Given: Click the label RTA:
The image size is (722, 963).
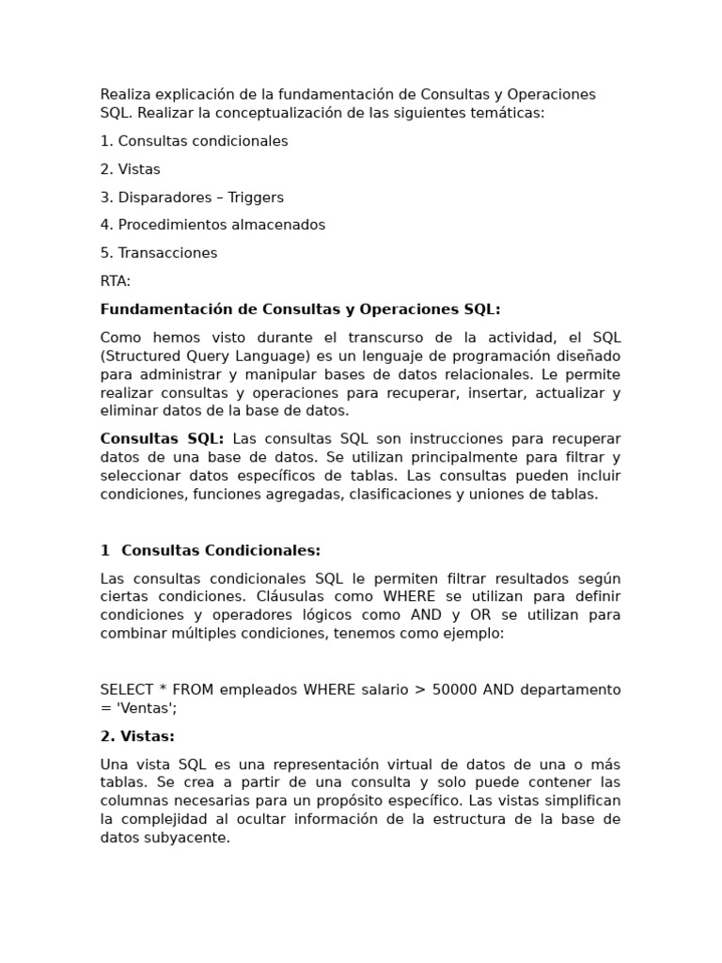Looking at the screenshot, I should click(x=116, y=281).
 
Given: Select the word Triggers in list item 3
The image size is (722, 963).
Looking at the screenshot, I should click(x=255, y=197).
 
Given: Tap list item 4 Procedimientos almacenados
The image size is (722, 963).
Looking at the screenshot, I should click(x=212, y=225).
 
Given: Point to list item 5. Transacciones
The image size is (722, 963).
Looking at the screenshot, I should click(x=159, y=253).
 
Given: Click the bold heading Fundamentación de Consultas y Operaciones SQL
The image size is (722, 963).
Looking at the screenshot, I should click(x=300, y=309).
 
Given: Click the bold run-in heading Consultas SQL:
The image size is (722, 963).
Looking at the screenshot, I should click(x=162, y=439).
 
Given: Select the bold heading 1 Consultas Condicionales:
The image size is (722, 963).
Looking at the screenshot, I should click(x=211, y=550).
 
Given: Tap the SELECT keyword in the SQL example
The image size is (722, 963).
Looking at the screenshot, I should click(x=129, y=689).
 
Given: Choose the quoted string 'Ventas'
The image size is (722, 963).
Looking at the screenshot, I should click(x=144, y=708).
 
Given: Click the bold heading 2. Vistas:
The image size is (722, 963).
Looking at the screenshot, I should click(x=137, y=736).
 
